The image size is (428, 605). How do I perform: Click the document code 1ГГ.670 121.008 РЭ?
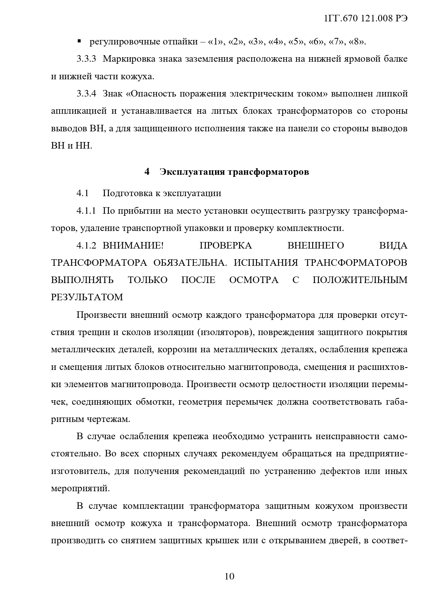[366, 19]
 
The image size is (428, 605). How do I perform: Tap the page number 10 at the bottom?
[229, 576]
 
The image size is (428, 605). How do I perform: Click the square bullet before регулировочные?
[79, 41]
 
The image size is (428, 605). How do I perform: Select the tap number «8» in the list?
[357, 42]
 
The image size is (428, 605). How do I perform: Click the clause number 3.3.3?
[86, 59]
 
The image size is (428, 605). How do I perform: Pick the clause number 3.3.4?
[86, 94]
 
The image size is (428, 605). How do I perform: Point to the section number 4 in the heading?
[147, 172]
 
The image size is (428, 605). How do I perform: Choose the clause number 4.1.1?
[86, 211]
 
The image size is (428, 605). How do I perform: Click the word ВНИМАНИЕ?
[133, 245]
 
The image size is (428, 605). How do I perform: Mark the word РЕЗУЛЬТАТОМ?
[87, 297]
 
